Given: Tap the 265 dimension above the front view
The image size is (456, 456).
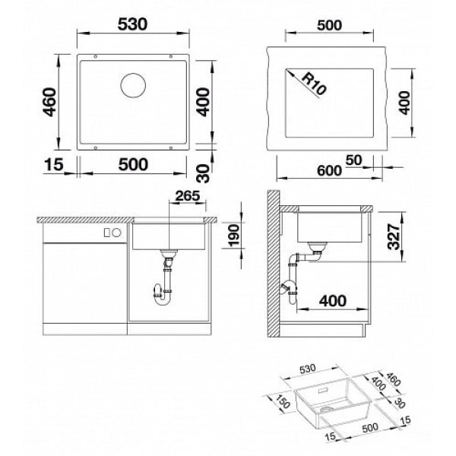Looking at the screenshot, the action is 188,196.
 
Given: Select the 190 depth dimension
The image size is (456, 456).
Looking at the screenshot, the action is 234,236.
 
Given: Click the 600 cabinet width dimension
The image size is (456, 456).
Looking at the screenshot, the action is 329,170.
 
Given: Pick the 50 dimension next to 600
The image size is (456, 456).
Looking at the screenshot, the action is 353,160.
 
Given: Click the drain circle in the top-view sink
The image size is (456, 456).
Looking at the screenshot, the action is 133,85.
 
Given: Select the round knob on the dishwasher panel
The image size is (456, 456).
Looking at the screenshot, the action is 117,233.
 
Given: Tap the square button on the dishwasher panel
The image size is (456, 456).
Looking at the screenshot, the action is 107,233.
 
